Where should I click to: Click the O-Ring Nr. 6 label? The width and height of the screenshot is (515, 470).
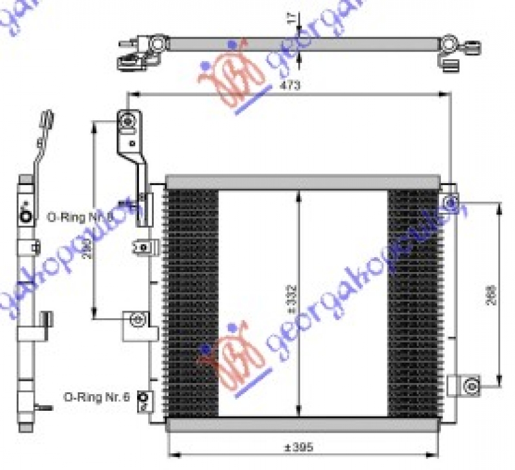(97, 397)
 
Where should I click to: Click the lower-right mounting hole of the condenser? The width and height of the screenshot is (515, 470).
(471, 386)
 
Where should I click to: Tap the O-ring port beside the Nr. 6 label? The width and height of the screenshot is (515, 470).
(145, 400)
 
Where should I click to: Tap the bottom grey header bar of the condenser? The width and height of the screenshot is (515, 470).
(303, 424)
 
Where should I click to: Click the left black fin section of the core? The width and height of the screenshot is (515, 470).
(192, 302)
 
